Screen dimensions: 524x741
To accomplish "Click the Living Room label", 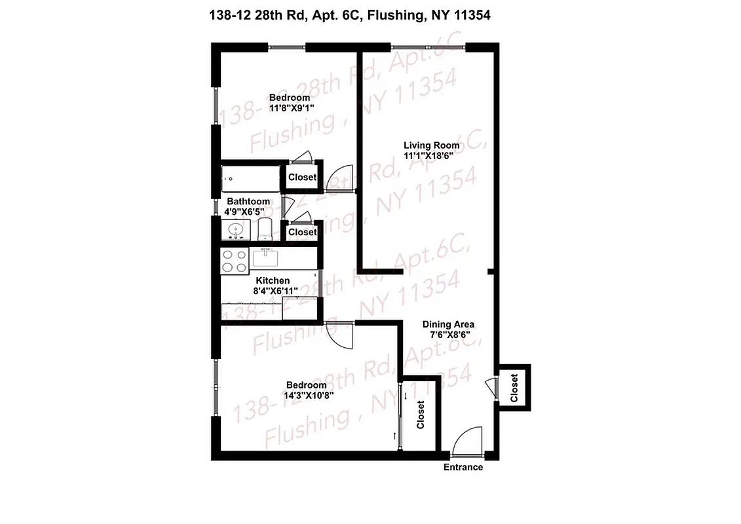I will (431, 145).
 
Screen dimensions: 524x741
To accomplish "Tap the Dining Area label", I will (448, 324).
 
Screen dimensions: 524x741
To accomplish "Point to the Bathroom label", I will (248, 201).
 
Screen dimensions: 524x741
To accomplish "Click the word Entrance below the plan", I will (463, 467).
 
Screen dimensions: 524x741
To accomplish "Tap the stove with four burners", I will (235, 261).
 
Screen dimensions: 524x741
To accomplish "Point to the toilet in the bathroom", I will (265, 231).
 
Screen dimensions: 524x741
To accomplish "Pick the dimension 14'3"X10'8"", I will (305, 396).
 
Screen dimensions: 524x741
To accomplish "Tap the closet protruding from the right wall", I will (514, 388).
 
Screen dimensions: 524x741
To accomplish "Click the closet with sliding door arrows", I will (420, 415).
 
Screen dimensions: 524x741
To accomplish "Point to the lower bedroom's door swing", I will (340, 337).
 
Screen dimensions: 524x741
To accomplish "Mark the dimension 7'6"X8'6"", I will (446, 335).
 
